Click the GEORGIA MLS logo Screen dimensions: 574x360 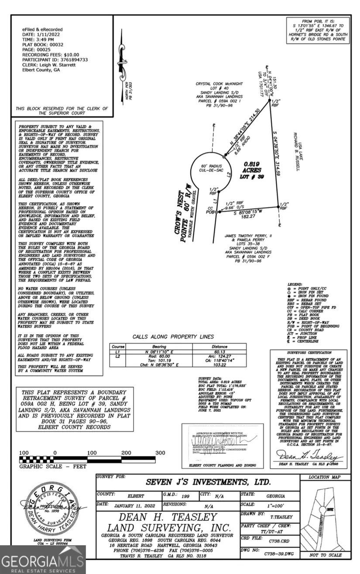point(43,560)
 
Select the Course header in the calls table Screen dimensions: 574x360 point(118,347)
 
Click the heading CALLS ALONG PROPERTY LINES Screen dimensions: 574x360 point(173,337)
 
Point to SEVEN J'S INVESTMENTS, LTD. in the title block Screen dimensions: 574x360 point(208,482)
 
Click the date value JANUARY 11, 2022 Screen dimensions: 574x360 point(131,507)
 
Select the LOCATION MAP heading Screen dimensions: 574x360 point(324,478)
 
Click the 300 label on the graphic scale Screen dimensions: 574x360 point(160,453)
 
